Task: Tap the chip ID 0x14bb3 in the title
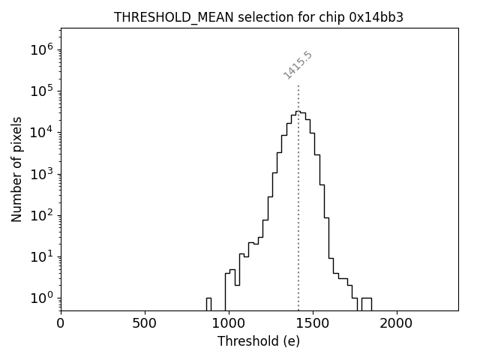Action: (x=376, y=17)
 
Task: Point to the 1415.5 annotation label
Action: (x=298, y=65)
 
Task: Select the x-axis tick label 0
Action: (x=61, y=323)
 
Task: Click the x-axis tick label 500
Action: (x=145, y=323)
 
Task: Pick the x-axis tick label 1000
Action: (x=229, y=323)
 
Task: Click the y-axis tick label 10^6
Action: (x=42, y=50)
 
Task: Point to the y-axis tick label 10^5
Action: (x=42, y=91)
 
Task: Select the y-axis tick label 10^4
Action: (x=42, y=133)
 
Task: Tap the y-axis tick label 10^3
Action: (x=42, y=174)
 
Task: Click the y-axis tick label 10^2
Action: (x=42, y=215)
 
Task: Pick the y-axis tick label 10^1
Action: (x=42, y=256)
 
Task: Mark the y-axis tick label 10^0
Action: (x=42, y=298)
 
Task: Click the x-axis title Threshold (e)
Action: (x=259, y=341)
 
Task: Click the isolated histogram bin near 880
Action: (x=208, y=303)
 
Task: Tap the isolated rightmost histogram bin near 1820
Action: (x=366, y=303)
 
